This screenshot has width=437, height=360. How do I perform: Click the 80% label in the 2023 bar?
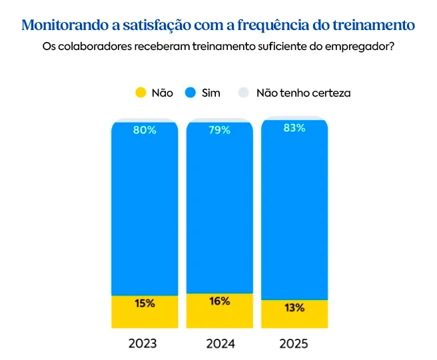145,130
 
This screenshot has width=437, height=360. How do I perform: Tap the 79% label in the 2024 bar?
219,130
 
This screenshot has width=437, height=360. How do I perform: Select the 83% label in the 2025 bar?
294,128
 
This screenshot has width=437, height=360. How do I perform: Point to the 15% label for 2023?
145,303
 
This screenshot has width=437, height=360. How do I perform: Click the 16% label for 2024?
219,301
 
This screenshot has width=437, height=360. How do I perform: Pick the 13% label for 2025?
294,308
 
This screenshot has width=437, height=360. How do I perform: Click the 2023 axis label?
143,344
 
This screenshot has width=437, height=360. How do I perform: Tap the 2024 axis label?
220,344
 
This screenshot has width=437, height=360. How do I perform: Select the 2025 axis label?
294,344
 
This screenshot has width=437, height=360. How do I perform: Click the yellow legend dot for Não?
140,93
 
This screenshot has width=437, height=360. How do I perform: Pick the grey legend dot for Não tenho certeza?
244,93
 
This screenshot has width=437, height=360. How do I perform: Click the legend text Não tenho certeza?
303,93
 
